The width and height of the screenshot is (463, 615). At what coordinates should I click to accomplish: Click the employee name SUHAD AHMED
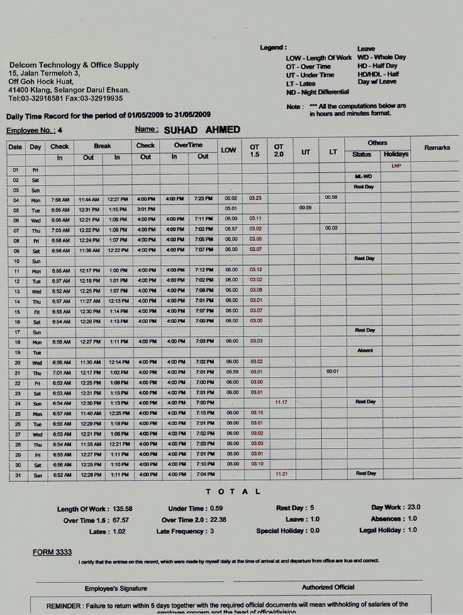pyautogui.click(x=201, y=130)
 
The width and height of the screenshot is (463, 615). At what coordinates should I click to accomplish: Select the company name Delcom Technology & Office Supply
pyautogui.click(x=74, y=65)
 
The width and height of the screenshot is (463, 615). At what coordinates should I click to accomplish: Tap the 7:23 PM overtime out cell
pyautogui.click(x=203, y=199)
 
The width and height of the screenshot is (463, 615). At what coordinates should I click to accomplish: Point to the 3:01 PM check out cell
pyautogui.click(x=145, y=209)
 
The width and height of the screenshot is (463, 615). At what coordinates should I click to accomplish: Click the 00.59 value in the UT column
pyautogui.click(x=306, y=208)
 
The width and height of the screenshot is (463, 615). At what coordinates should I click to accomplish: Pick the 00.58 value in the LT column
pyautogui.click(x=331, y=198)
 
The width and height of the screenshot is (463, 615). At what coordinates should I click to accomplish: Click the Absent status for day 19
pyautogui.click(x=365, y=351)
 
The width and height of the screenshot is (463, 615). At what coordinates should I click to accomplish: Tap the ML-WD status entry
pyautogui.click(x=364, y=176)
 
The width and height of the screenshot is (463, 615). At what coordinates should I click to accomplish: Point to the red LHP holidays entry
pyautogui.click(x=396, y=166)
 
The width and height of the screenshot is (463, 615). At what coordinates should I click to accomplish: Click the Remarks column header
pyautogui.click(x=437, y=147)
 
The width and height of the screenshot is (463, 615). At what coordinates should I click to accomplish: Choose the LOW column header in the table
pyautogui.click(x=228, y=150)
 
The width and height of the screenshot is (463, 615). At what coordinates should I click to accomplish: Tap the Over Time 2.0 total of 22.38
pyautogui.click(x=216, y=519)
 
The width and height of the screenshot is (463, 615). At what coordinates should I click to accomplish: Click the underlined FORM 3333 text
pyautogui.click(x=52, y=552)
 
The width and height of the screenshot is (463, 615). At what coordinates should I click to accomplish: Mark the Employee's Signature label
pyautogui.click(x=116, y=588)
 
